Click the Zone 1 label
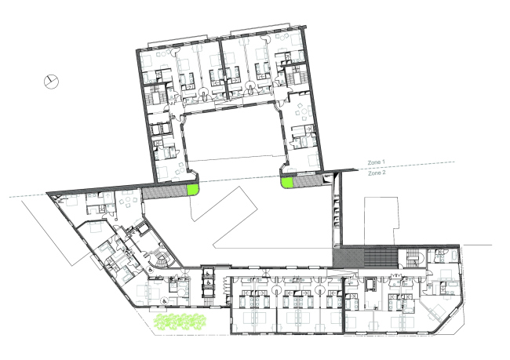[377, 162]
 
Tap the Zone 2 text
[377, 173]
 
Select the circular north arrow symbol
[51, 81]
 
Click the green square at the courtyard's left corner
[192, 190]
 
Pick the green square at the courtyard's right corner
[286, 183]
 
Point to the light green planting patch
[180, 322]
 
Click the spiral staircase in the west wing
[161, 259]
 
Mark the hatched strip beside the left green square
[165, 193]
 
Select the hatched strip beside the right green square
[308, 182]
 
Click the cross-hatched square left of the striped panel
[348, 258]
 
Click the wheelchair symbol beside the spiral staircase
[151, 269]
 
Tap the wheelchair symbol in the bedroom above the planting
[165, 301]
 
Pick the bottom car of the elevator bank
[208, 293]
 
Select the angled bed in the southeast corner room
[436, 311]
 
